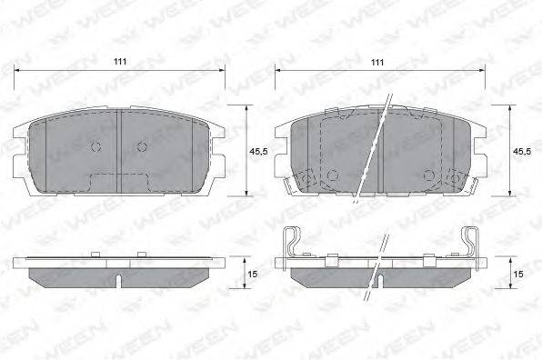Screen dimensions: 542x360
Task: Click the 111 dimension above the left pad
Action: tap(120, 62)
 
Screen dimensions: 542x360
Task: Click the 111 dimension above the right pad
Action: tap(377, 62)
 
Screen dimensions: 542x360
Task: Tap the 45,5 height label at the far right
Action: tap(522, 151)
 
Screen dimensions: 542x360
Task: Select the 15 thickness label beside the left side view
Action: tap(254, 274)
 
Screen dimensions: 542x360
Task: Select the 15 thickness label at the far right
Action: tap(518, 274)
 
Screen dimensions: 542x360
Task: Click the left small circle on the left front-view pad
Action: tap(95, 146)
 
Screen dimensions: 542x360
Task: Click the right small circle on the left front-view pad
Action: tap(142, 147)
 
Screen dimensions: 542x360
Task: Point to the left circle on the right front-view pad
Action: tap(333, 175)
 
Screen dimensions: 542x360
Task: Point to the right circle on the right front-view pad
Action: tap(429, 175)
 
